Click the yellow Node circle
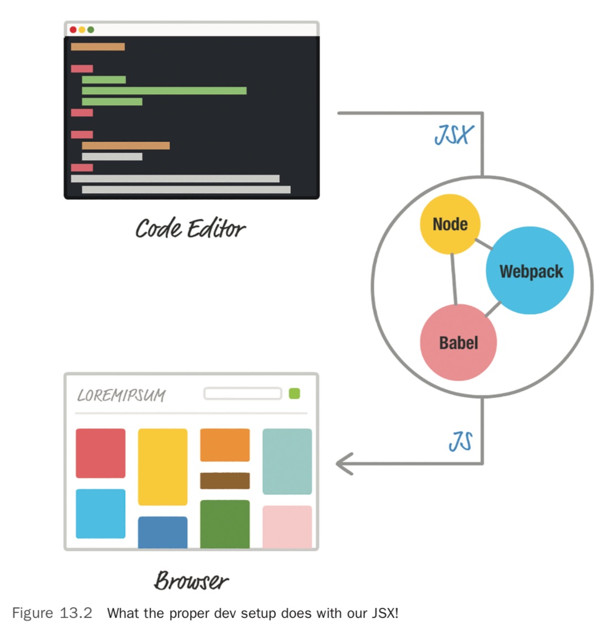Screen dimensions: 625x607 pyautogui.click(x=450, y=224)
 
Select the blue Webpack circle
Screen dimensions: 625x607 pyautogui.click(x=529, y=270)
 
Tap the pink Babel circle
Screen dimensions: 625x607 pyautogui.click(x=458, y=342)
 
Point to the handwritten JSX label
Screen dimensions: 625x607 pyautogui.click(x=454, y=135)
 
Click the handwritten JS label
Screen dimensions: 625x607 pyautogui.click(x=461, y=442)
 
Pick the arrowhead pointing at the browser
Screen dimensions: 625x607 pyautogui.click(x=344, y=464)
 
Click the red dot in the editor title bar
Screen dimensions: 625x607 pyautogui.click(x=73, y=30)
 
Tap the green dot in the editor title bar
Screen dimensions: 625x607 pyautogui.click(x=91, y=30)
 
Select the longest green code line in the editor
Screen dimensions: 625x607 pyautogui.click(x=164, y=91)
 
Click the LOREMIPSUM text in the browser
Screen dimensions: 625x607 pyautogui.click(x=121, y=395)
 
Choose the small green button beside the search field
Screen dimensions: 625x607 pyautogui.click(x=294, y=393)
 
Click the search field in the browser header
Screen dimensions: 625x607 pyautogui.click(x=243, y=393)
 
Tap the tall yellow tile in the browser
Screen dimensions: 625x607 pyautogui.click(x=162, y=467)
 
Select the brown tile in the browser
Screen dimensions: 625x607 pyautogui.click(x=224, y=480)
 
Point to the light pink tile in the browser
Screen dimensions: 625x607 pyautogui.click(x=287, y=526)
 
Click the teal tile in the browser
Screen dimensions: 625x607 pyautogui.click(x=287, y=461)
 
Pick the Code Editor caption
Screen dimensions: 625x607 pyautogui.click(x=190, y=228)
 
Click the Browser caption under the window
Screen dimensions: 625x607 pyautogui.click(x=191, y=580)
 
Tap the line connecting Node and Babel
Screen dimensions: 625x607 pyautogui.click(x=454, y=279)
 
